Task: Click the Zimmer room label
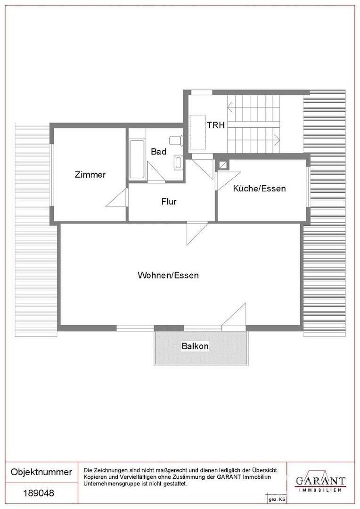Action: coord(90,174)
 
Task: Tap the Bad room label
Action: coord(158,152)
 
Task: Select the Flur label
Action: coord(169,202)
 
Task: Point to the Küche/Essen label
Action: coord(259,189)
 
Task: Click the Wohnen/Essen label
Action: coord(168,275)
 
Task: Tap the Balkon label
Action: coord(195,346)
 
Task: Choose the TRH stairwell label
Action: coord(215,125)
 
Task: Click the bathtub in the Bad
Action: coord(137,159)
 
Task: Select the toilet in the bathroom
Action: coord(176,140)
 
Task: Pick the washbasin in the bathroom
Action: coord(178,163)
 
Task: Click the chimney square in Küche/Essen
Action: coord(222,164)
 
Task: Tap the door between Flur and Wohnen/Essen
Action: coord(194,232)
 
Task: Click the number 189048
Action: coord(39,493)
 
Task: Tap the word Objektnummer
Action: coord(41,472)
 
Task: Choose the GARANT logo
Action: coord(320,482)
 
